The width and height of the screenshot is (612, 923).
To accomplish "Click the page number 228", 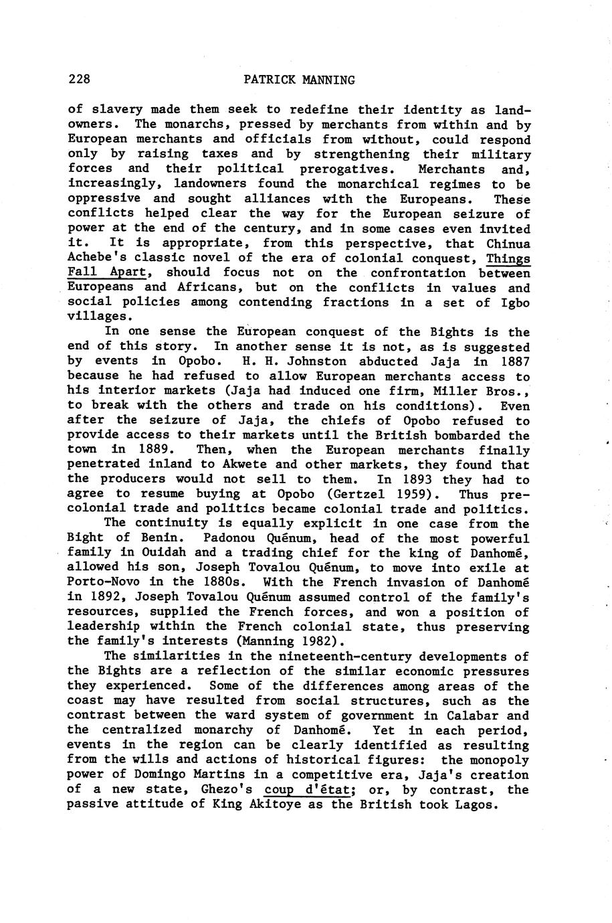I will click(x=79, y=80).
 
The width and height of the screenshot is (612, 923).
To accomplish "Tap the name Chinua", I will click(x=508, y=243).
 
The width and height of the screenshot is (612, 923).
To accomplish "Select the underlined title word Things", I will click(x=508, y=258).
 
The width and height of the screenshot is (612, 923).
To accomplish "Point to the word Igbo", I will click(x=516, y=303).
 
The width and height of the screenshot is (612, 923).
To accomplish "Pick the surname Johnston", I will click(x=314, y=361).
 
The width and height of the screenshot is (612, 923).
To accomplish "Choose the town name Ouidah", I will click(x=161, y=554).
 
